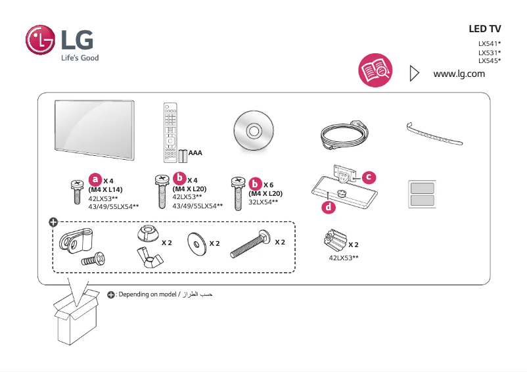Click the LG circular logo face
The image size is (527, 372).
[x=41, y=41]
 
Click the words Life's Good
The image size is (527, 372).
[x=80, y=58]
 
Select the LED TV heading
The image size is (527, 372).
[x=484, y=29]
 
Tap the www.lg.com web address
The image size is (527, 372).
[x=459, y=73]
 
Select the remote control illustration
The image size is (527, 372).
[x=171, y=131]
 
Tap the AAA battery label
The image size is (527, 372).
[x=195, y=153]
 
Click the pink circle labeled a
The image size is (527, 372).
[x=96, y=179]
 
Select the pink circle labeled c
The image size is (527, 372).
[x=369, y=177]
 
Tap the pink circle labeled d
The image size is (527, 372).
[x=328, y=208]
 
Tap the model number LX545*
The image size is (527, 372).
[x=490, y=60]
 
